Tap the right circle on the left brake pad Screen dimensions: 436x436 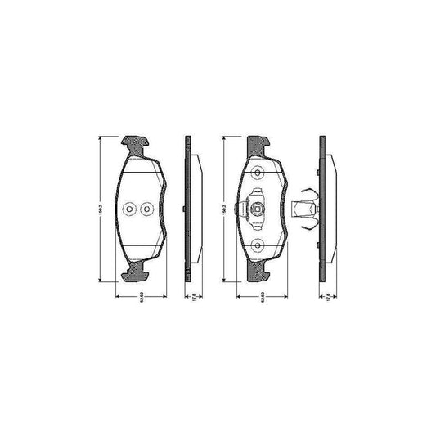click(x=146, y=209)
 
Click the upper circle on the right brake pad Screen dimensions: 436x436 click(x=258, y=172)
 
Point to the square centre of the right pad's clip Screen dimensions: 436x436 click(x=258, y=209)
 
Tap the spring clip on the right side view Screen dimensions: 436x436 click(x=305, y=209)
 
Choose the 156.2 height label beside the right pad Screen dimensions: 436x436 click(x=223, y=209)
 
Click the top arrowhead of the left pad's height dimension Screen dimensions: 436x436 click(x=102, y=138)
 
